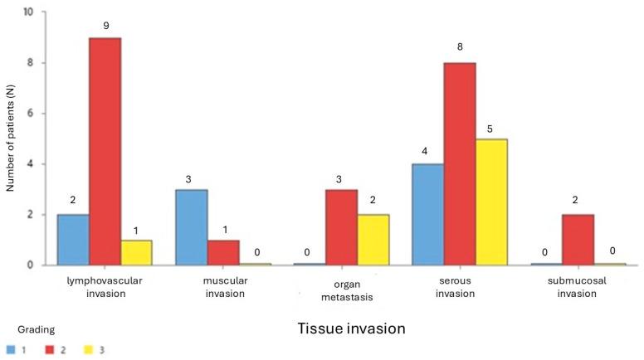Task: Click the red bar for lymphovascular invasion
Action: click(105, 151)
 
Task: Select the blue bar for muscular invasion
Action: click(191, 227)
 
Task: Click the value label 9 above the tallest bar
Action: click(105, 26)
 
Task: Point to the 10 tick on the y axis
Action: click(29, 13)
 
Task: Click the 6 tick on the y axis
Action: click(31, 114)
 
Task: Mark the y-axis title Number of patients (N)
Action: click(11, 139)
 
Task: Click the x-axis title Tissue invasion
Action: click(351, 328)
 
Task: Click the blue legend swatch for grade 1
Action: click(10, 349)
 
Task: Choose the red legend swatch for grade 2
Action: click(51, 349)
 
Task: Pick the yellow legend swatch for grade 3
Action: click(90, 349)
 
